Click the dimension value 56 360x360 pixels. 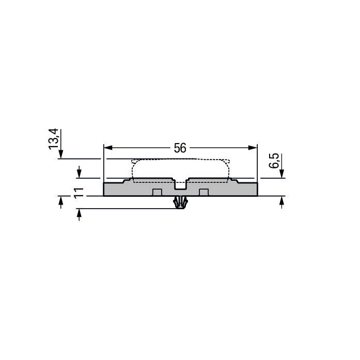pyautogui.click(x=180, y=148)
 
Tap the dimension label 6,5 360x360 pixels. pyautogui.click(x=275, y=163)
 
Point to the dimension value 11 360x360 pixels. pyautogui.click(x=79, y=193)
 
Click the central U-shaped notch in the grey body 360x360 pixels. pyautogui.click(x=180, y=184)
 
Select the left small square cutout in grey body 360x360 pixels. pyautogui.click(x=157, y=193)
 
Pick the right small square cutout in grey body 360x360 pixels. pyautogui.click(x=204, y=193)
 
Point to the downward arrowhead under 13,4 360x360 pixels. pyautogui.click(x=61, y=154)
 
